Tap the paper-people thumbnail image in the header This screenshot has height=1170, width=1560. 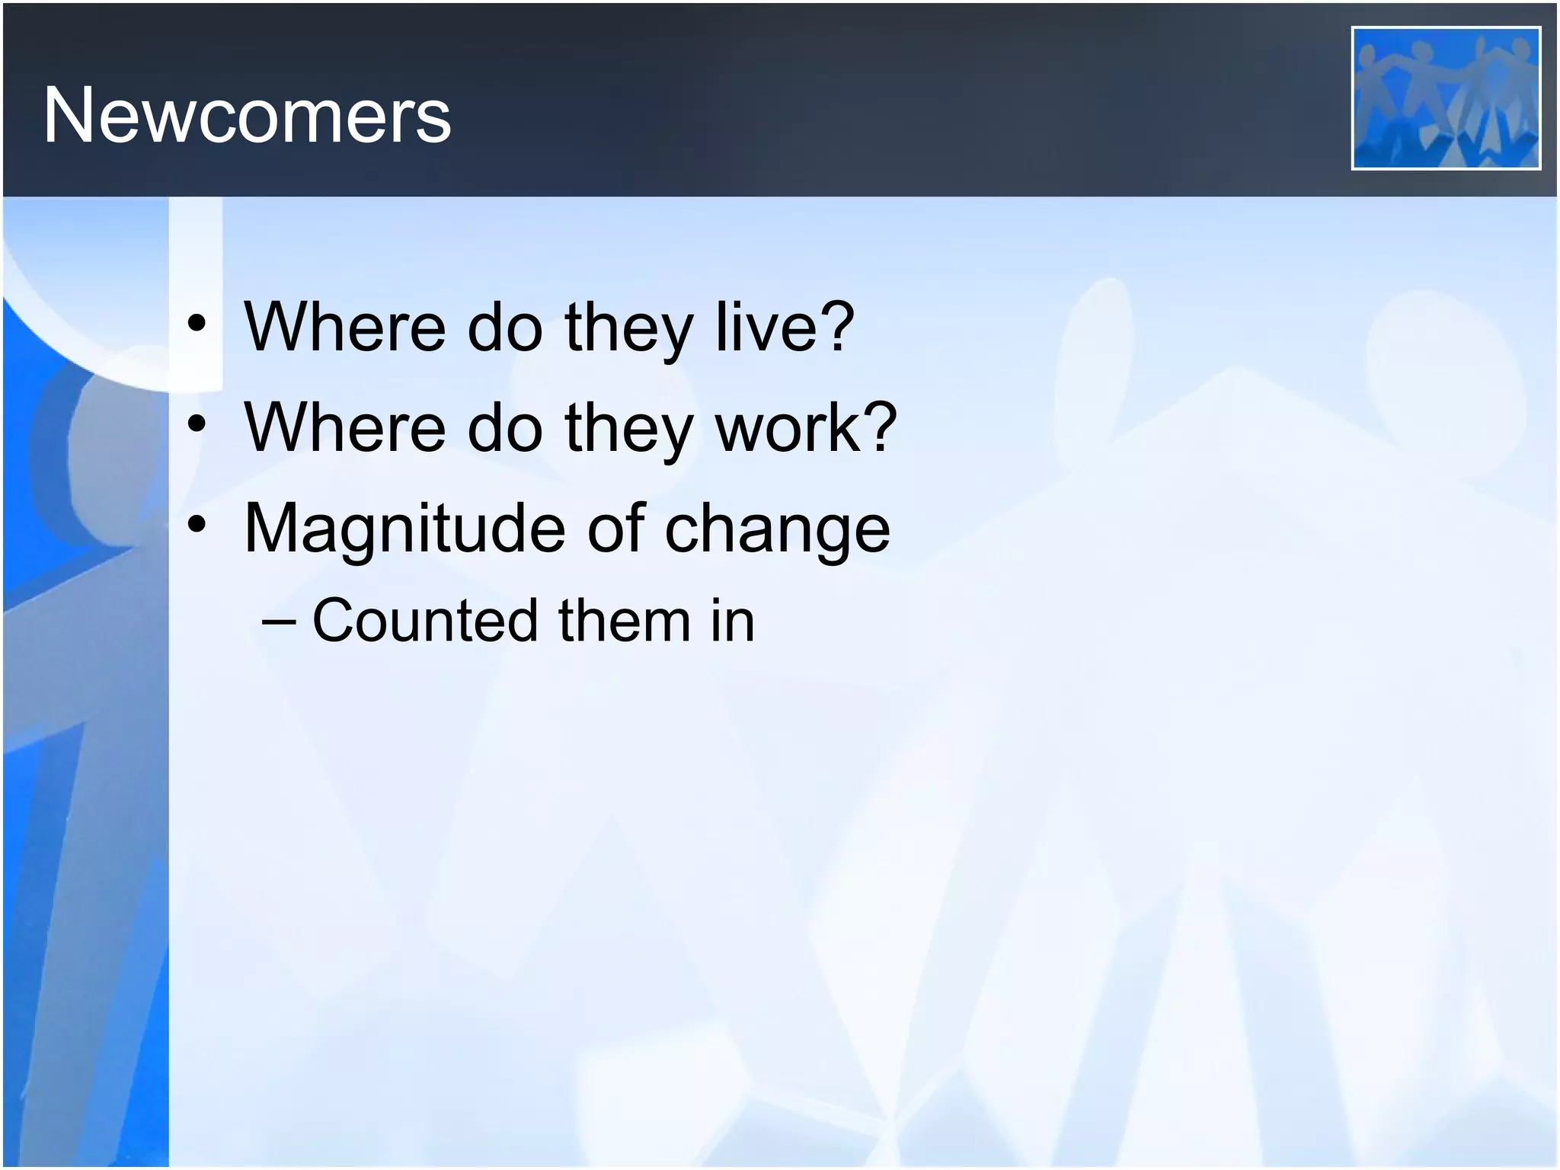point(1445,98)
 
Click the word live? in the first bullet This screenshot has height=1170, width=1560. point(785,328)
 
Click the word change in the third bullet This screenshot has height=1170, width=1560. point(777,529)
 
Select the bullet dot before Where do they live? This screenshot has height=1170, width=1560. point(197,325)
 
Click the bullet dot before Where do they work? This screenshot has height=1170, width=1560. point(197,424)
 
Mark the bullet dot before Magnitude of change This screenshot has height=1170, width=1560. point(197,525)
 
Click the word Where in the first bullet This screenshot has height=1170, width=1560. point(344,328)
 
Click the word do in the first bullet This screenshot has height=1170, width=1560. point(504,328)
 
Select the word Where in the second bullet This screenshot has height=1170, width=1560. point(344,428)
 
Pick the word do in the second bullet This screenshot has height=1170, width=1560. point(504,428)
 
